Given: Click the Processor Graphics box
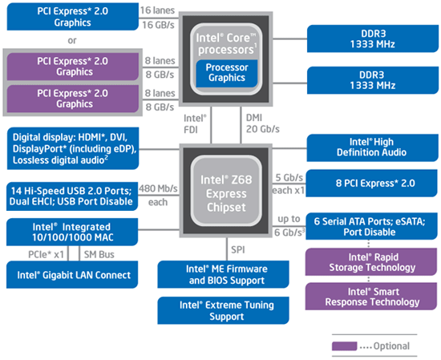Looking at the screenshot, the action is pos(227,74).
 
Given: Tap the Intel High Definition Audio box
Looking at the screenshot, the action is pos(372,148).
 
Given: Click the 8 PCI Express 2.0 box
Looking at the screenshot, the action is pos(372,183).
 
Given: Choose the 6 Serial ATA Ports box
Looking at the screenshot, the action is pos(371,226).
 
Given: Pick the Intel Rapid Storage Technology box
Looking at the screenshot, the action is pos(371,262).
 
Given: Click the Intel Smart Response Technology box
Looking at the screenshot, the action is pos(371,297).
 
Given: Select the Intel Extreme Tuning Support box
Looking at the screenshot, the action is pos(223,310).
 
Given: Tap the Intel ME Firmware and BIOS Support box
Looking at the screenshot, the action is pos(223,274).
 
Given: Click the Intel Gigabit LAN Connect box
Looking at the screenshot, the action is pos(72,275).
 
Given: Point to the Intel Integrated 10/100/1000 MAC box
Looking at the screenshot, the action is pos(72,232).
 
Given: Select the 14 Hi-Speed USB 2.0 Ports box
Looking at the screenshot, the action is pos(72,196).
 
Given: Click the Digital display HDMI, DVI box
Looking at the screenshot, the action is pos(73,148).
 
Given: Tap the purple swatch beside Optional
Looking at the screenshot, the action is pos(344,346).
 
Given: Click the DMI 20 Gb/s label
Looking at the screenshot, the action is pos(263,123).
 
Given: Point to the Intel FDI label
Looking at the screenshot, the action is pos(195,123).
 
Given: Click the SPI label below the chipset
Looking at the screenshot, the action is pos(237,249).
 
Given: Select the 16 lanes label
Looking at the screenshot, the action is pos(157,10).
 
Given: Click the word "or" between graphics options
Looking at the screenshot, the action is pos(72,41).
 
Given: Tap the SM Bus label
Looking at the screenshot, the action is pos(99,254).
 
